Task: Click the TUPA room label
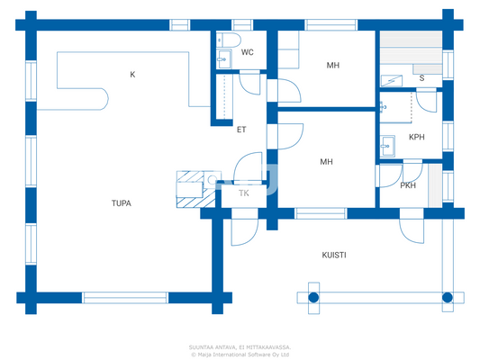point(121,203)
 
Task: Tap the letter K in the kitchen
point(132,75)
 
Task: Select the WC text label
point(247,53)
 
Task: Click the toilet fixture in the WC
point(226,40)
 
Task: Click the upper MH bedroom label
point(332,66)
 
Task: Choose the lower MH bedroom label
point(327,162)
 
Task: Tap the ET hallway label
point(241,130)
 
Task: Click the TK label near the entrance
point(243,193)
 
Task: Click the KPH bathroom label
point(416,138)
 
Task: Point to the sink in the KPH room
point(388,143)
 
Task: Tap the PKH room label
point(408,185)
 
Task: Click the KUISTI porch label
point(334,256)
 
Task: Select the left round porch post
point(313,296)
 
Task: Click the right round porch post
point(447,296)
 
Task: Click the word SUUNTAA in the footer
point(204,346)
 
